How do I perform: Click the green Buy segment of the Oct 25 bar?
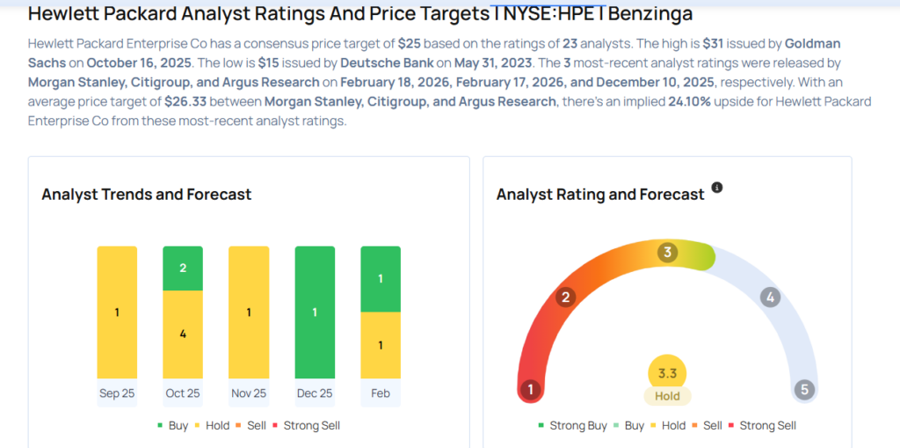pyautogui.click(x=183, y=268)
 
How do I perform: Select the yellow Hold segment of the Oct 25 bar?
pyautogui.click(x=183, y=334)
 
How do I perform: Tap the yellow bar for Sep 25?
pyautogui.click(x=117, y=312)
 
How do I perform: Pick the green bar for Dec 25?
pyautogui.click(x=315, y=312)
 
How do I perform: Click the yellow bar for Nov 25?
pyautogui.click(x=249, y=312)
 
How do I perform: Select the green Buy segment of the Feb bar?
pyautogui.click(x=381, y=279)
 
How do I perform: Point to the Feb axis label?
pyautogui.click(x=381, y=393)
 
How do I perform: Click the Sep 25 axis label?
pyautogui.click(x=117, y=393)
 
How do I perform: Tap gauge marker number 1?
pyautogui.click(x=530, y=389)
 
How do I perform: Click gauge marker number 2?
pyautogui.click(x=565, y=297)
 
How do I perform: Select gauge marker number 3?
pyautogui.click(x=668, y=253)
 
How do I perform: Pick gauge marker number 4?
pyautogui.click(x=770, y=297)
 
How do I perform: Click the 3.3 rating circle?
pyautogui.click(x=667, y=373)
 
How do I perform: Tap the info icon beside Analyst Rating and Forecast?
pyautogui.click(x=717, y=188)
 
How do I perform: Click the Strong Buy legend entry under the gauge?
pyautogui.click(x=572, y=425)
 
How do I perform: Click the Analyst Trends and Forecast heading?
pyautogui.click(x=147, y=195)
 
